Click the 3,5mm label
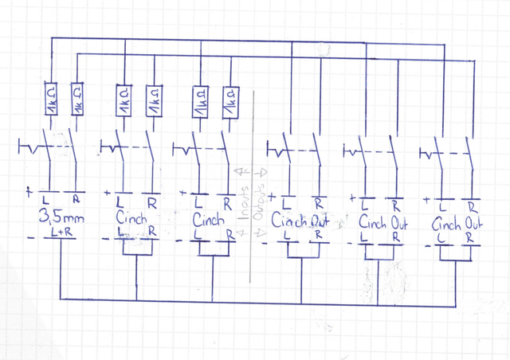[61, 216]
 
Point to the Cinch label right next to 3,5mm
[132, 217]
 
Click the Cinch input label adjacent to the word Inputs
[210, 217]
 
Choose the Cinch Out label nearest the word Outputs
[300, 220]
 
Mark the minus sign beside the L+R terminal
[29, 238]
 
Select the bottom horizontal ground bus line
[255, 299]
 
